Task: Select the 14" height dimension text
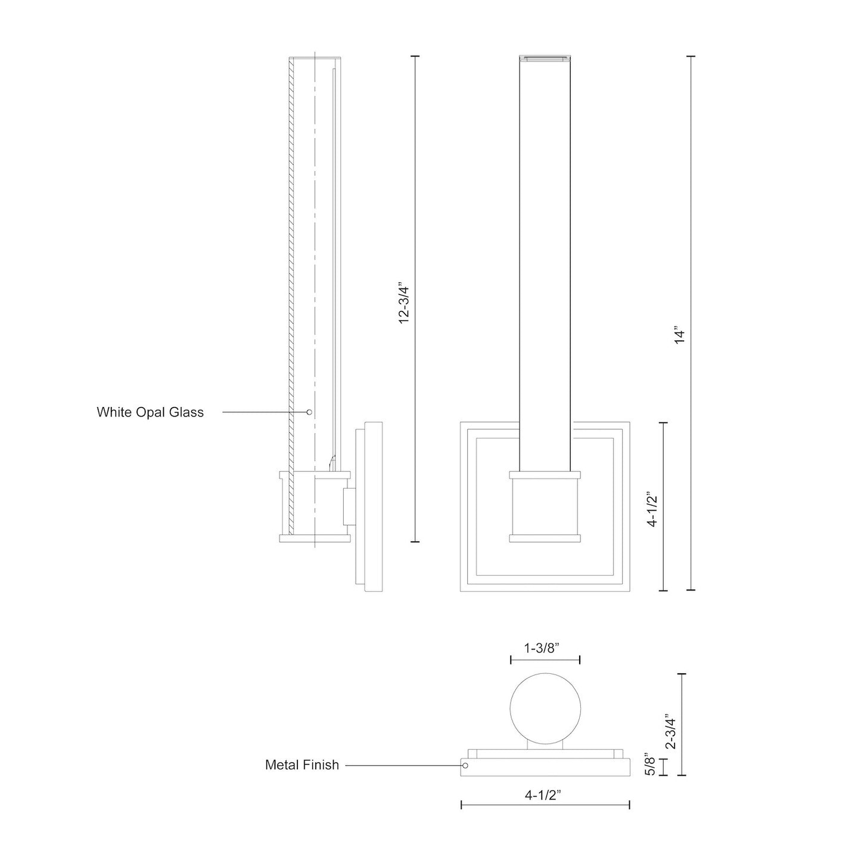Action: click(x=680, y=334)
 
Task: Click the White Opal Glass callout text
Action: click(x=150, y=412)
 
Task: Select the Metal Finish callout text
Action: click(x=302, y=765)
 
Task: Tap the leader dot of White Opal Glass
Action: click(x=309, y=412)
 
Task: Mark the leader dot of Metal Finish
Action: click(x=466, y=765)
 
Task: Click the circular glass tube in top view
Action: click(x=545, y=710)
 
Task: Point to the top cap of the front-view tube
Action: click(x=545, y=58)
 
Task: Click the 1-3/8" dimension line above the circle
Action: click(x=545, y=660)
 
